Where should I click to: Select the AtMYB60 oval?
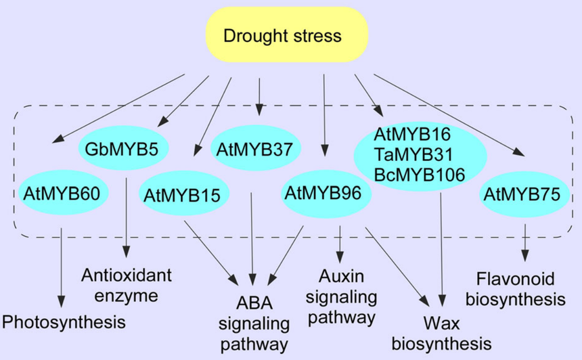tap(61, 194)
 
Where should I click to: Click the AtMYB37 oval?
tap(256, 149)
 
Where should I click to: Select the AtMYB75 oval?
tap(521, 195)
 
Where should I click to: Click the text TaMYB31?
tap(412, 154)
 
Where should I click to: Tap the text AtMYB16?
tap(412, 133)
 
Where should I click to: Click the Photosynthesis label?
tap(64, 322)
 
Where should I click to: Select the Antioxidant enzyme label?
tap(127, 286)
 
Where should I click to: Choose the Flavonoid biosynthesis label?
tap(520, 288)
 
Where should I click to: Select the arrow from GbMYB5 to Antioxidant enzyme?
tap(127, 217)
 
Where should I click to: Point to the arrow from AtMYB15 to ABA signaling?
tap(210, 250)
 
